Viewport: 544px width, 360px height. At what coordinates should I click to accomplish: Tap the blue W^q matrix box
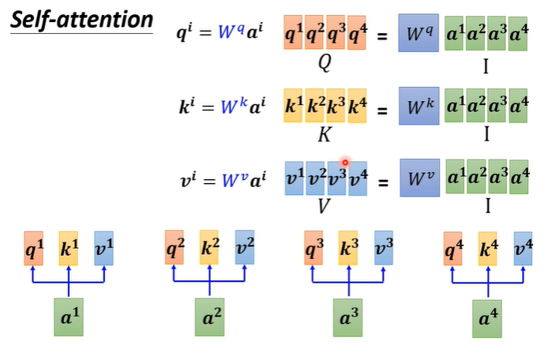(x=419, y=34)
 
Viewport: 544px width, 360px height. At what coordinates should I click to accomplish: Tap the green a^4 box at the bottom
(x=483, y=317)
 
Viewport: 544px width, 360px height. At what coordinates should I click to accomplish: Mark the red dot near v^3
(x=345, y=162)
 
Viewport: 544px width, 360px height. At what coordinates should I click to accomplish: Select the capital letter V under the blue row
(x=324, y=207)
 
